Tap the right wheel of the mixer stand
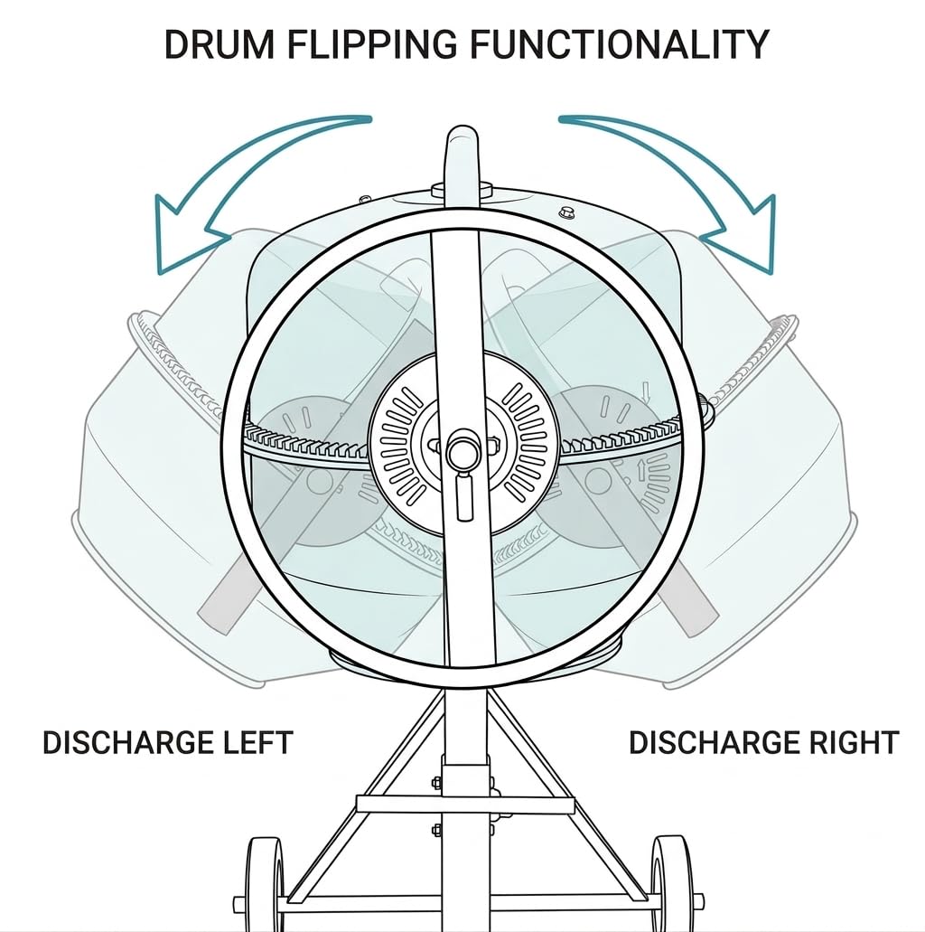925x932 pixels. pyautogui.click(x=663, y=884)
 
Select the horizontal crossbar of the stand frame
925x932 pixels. pyautogui.click(x=464, y=805)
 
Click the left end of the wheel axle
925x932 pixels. pyautogui.click(x=238, y=904)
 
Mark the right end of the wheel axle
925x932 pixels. pyautogui.click(x=698, y=901)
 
